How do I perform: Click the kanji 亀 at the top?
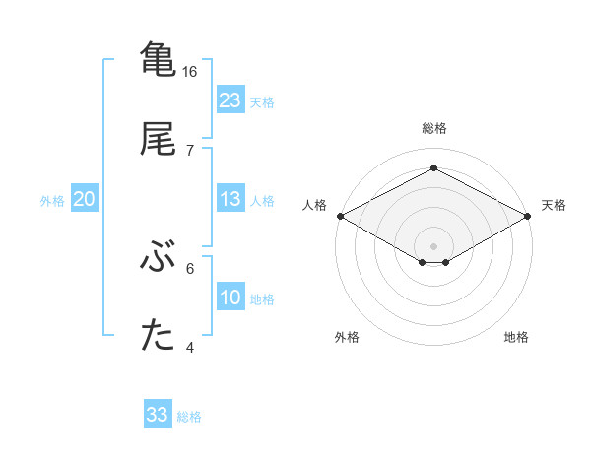158,58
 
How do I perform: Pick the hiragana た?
158,336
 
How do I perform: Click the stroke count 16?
190,72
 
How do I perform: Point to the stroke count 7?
189,151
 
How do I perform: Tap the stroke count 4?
189,347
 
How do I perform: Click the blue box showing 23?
230,100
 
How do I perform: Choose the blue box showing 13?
230,199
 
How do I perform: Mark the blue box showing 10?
230,298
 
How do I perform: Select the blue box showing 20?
85,199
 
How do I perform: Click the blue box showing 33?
158,415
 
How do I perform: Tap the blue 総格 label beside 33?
189,417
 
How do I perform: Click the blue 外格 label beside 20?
52,201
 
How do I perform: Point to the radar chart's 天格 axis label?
555,205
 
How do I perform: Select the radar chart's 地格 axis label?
516,337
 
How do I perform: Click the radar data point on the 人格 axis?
340,216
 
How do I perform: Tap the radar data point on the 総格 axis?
433,168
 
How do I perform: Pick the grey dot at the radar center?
433,245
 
